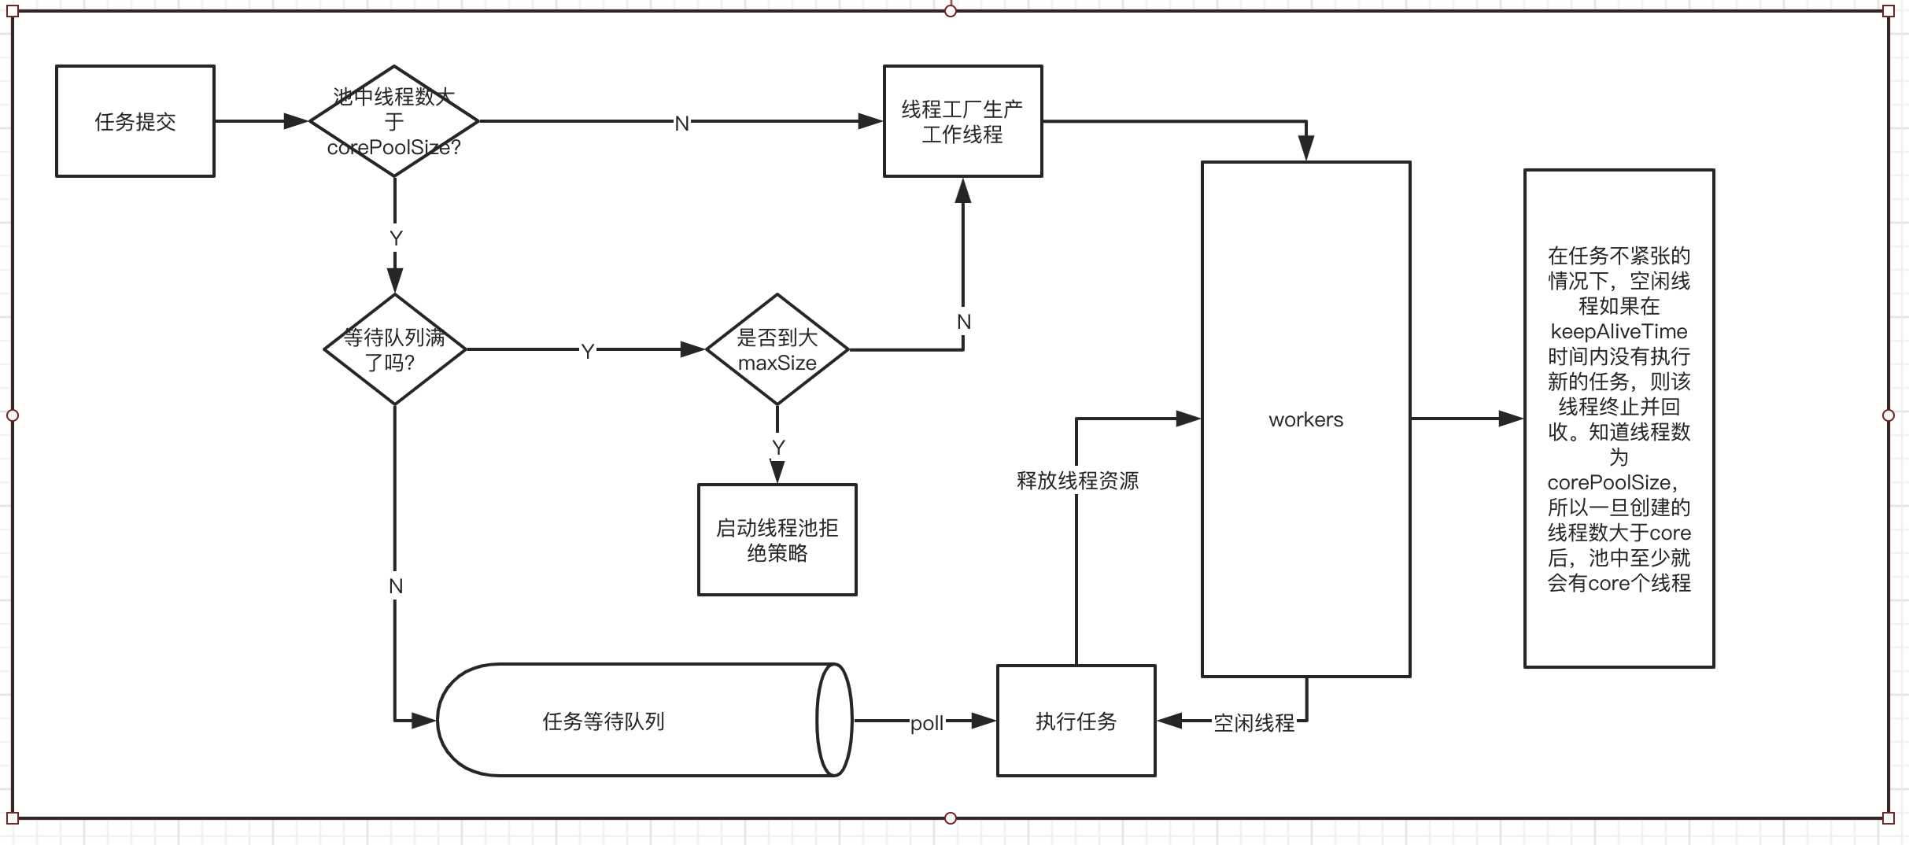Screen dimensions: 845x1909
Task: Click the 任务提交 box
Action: click(135, 121)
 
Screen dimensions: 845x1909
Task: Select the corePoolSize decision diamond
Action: click(393, 121)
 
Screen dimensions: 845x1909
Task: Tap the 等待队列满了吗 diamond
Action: click(395, 349)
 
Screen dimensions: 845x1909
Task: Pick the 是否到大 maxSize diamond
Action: click(777, 349)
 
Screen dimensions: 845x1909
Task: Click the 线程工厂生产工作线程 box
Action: click(962, 121)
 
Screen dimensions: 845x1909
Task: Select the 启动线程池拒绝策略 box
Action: click(777, 540)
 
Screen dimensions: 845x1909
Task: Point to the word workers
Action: click(1305, 419)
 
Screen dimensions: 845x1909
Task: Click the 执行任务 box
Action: click(1076, 721)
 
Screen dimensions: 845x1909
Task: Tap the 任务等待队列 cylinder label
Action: click(604, 721)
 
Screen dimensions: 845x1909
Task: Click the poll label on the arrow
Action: click(926, 723)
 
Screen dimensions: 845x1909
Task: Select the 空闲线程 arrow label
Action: click(1254, 722)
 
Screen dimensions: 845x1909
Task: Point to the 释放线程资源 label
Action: click(1077, 480)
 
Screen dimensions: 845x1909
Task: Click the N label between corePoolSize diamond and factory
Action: click(681, 124)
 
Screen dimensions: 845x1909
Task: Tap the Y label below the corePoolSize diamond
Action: click(396, 238)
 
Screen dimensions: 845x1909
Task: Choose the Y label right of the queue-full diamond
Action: click(587, 352)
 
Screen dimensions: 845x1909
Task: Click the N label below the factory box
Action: click(963, 322)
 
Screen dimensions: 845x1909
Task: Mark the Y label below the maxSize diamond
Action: click(778, 448)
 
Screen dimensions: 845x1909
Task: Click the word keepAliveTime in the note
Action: click(1619, 331)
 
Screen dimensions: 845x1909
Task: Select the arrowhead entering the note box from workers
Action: click(1511, 419)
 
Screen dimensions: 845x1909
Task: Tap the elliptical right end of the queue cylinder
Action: click(834, 720)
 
